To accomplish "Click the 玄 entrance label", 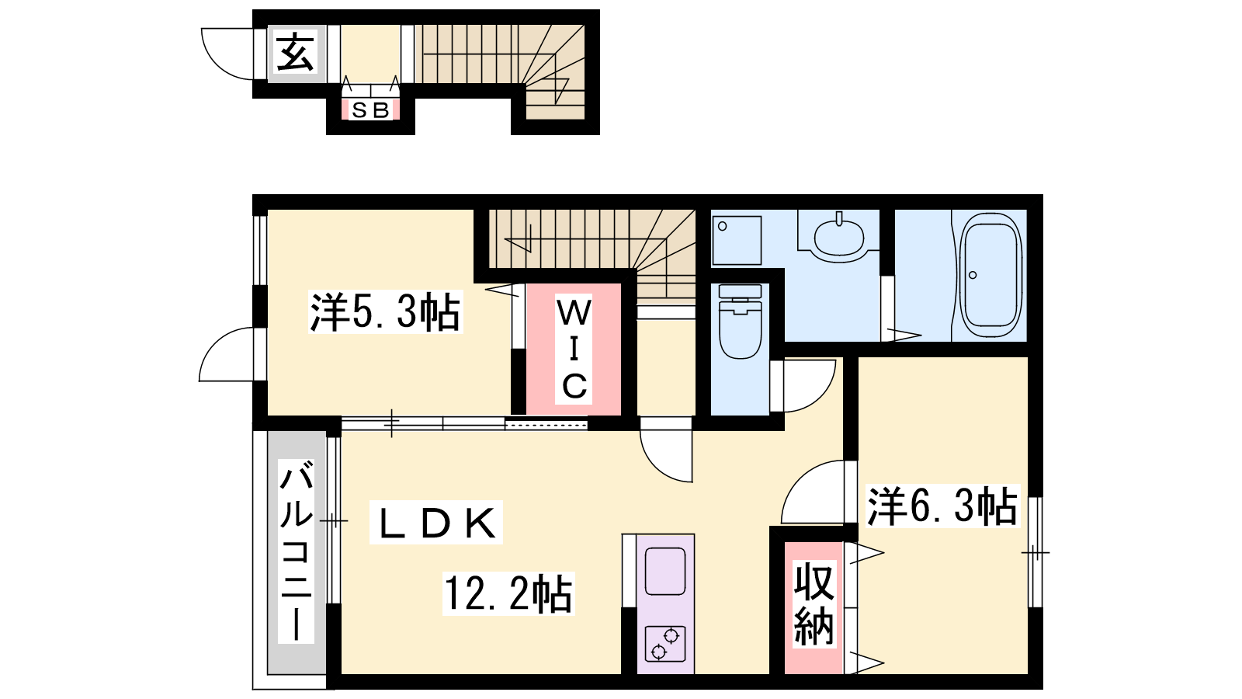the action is click(296, 53).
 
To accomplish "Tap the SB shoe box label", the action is click(370, 110).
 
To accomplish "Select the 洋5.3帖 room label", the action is click(385, 312).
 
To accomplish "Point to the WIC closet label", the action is click(574, 349).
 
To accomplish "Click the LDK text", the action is click(436, 523).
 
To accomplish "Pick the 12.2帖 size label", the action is click(508, 593).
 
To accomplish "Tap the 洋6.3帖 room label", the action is click(942, 506).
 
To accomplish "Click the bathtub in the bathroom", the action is click(990, 276).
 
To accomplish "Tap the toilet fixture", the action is click(740, 322).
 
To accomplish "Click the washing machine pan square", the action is click(737, 240).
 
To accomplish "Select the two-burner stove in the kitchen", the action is click(665, 645).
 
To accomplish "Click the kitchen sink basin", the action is click(665, 571).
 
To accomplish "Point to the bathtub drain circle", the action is click(973, 275).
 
